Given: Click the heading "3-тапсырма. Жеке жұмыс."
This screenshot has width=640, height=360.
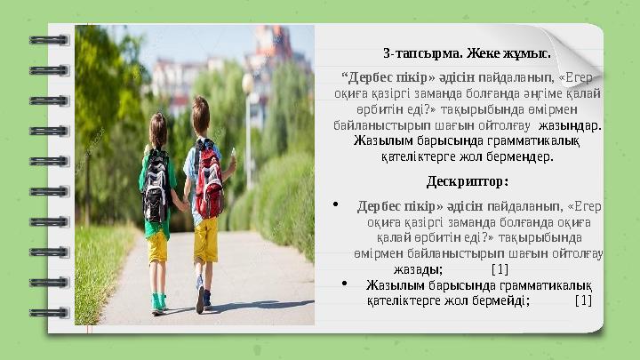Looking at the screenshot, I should coord(467,52).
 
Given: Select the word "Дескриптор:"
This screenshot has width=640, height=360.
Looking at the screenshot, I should coord(467,182).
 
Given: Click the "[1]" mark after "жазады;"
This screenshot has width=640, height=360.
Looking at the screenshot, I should coord(500,268).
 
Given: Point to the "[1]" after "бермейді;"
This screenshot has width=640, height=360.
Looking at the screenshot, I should coord(583,300).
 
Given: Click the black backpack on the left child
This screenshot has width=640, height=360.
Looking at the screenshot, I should coord(156,183).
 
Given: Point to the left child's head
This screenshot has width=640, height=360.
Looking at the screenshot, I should coord(158,129).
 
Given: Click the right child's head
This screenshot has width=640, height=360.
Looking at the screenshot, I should coord(200,114).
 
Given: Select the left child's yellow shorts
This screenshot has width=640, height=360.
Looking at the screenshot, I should coord(157,247).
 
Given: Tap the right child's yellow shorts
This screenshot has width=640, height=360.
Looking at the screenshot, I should coord(206,238).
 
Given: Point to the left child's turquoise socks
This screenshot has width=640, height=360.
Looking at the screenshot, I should coord(157,300).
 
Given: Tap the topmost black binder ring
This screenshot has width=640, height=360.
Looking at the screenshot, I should coord(48,40).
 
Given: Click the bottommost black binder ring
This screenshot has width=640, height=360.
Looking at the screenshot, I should coord(48,313).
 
